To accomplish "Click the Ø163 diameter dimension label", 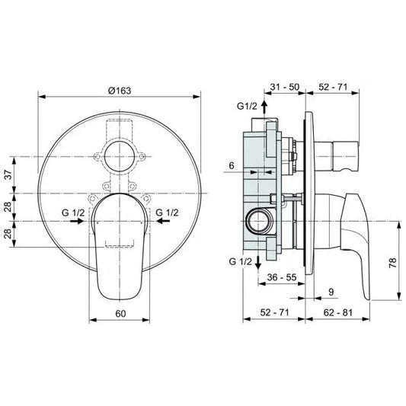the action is pyautogui.click(x=120, y=91).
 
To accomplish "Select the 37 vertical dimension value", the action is pyautogui.click(x=9, y=174).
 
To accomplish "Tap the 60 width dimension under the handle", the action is pyautogui.click(x=120, y=314).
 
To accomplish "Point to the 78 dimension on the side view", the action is pyautogui.click(x=393, y=263).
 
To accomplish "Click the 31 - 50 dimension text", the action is pyautogui.click(x=285, y=87).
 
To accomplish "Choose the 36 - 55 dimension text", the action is pyautogui.click(x=282, y=277).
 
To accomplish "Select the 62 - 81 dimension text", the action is pyautogui.click(x=338, y=312).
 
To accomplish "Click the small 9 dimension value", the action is pyautogui.click(x=331, y=292).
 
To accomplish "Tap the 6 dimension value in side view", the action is pyautogui.click(x=232, y=165).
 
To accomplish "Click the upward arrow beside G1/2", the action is pyautogui.click(x=264, y=107).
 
